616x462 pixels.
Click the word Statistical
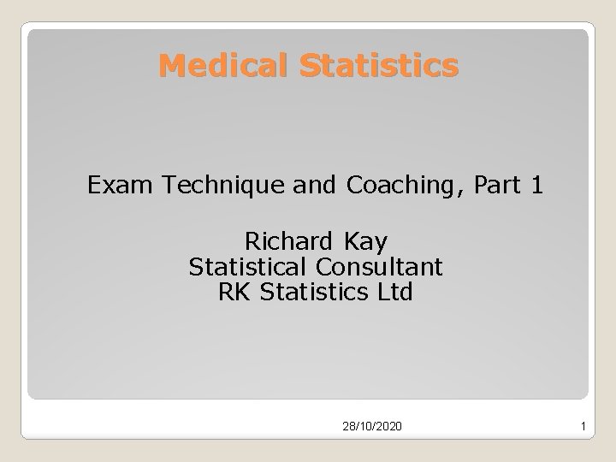257,266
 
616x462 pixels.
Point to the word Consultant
388,266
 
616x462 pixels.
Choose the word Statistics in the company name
315,293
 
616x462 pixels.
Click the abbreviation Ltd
395,293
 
